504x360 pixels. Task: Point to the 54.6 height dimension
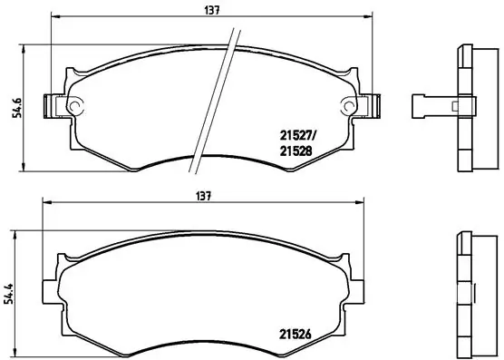pos(11,107)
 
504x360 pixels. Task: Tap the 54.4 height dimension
pos(11,292)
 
